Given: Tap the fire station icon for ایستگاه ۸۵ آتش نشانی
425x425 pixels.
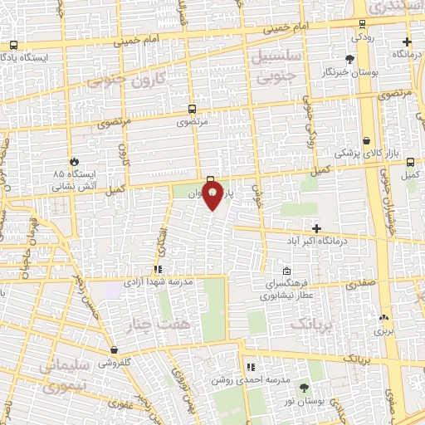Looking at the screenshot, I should [74, 161].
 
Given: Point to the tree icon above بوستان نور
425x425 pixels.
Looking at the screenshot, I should [304, 388].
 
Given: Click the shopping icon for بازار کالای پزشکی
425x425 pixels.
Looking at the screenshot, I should [367, 141].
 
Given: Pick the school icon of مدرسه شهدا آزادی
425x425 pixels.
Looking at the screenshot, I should [158, 269].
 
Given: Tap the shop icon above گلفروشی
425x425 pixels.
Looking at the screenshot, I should [113, 350].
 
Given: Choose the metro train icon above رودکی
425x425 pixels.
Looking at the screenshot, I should [362, 24].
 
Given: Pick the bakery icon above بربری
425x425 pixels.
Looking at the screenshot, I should [383, 317].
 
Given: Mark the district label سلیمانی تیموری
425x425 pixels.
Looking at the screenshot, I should [60, 375].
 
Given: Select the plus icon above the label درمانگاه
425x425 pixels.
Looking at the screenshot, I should [406, 42].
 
